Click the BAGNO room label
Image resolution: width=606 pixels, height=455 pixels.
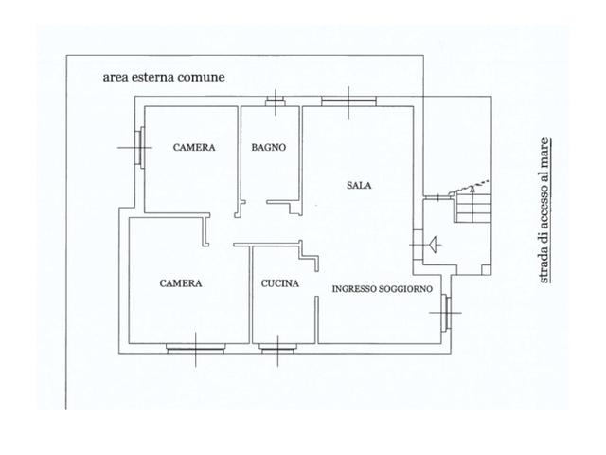click(269, 148)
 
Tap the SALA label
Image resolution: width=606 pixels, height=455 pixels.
click(359, 186)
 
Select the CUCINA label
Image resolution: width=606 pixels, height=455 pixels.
click(280, 283)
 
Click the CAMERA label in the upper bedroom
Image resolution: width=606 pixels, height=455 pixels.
click(194, 148)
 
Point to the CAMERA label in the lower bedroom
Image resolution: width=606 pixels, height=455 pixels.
click(181, 283)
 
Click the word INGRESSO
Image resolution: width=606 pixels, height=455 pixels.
click(354, 289)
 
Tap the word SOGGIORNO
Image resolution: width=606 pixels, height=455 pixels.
click(406, 289)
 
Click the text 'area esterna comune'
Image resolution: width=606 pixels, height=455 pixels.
click(164, 77)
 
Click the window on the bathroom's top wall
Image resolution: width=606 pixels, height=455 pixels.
click(276, 102)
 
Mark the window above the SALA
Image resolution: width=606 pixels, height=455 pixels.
click(349, 101)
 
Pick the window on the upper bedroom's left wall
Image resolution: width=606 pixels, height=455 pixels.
click(139, 148)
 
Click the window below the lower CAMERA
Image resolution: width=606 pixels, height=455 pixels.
click(196, 349)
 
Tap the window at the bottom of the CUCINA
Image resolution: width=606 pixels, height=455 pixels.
click(277, 349)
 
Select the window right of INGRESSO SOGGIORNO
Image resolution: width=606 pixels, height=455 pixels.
click(446, 313)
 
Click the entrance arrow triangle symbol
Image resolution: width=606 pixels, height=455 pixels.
click(434, 245)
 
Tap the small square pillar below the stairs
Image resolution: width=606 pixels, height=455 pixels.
click(486, 269)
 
